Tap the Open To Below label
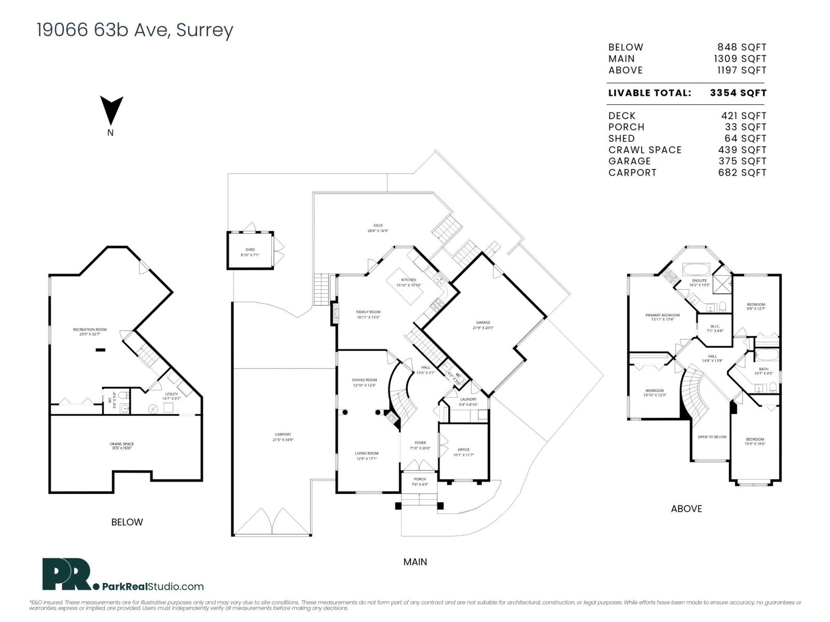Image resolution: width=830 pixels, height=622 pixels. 712,437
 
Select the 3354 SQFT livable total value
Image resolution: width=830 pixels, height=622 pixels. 738,93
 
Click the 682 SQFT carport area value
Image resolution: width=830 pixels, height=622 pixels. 742,173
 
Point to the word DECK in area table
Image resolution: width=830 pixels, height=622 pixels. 621,116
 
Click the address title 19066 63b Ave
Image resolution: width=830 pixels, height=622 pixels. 135,30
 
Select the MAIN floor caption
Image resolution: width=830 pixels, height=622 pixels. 415,562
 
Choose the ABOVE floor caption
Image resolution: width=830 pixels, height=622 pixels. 686,509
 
